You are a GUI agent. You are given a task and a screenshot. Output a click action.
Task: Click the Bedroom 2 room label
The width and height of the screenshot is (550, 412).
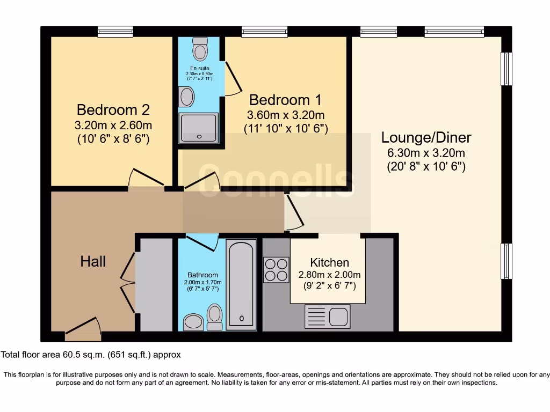point(113,110)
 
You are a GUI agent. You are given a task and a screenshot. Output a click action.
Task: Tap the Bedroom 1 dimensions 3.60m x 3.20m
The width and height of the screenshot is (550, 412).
point(285,115)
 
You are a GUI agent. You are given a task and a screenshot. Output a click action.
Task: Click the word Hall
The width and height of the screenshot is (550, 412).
point(93,261)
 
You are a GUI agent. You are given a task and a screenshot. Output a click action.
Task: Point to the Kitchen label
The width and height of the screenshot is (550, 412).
point(329,262)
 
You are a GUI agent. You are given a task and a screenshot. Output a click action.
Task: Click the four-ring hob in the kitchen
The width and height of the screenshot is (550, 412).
point(276,270)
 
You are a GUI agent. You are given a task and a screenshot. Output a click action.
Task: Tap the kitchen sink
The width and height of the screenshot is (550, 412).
point(327,316)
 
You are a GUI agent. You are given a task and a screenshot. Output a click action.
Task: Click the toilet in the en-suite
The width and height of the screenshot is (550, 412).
point(200,51)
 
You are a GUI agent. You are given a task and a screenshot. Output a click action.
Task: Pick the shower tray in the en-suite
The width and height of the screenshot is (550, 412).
point(199,128)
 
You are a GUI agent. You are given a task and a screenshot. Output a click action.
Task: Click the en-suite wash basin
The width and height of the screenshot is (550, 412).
point(187,98)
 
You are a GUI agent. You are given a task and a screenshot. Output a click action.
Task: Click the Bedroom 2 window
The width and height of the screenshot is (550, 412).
point(115,32)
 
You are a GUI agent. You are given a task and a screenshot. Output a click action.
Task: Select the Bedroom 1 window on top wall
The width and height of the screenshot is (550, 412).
point(257,32)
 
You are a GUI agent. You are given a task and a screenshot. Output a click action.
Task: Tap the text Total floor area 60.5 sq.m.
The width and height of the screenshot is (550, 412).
point(91,355)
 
